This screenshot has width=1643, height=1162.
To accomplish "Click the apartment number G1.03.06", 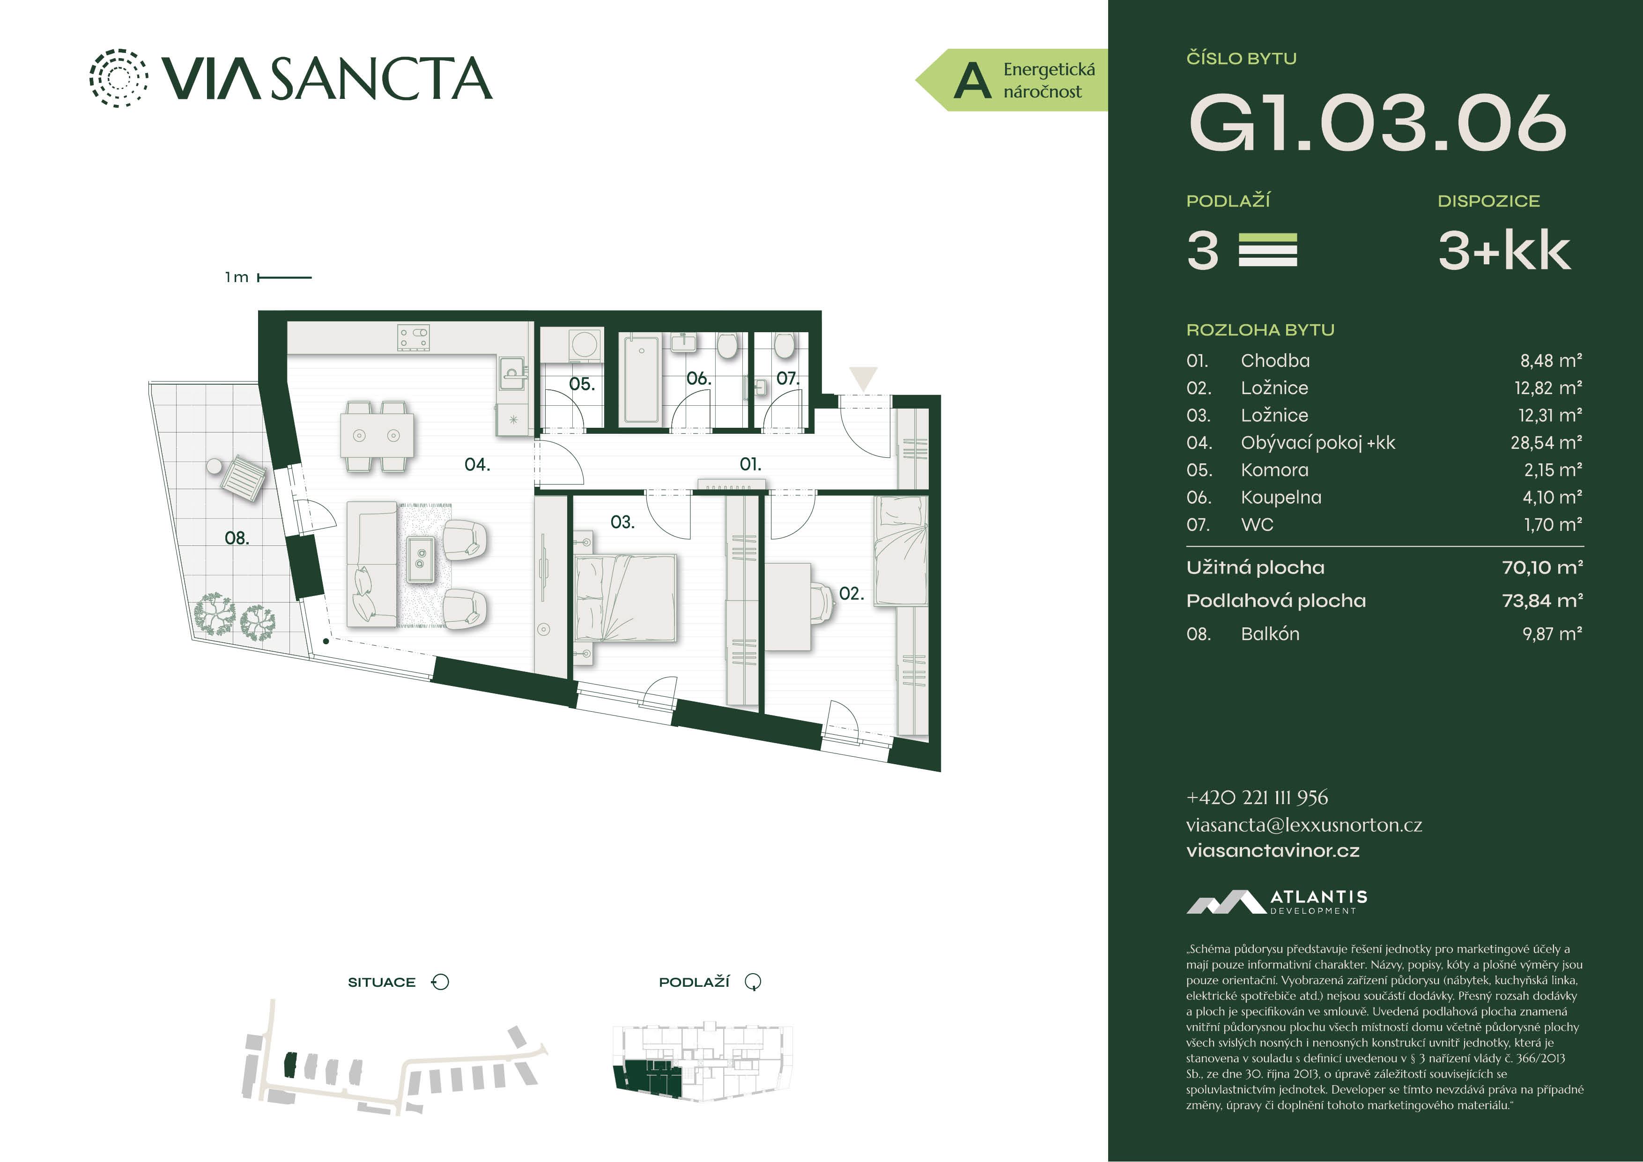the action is [1377, 123].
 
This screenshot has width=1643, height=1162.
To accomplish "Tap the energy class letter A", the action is [972, 80].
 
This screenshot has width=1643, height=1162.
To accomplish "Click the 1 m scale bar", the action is [284, 277].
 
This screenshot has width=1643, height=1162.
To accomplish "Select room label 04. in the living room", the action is [477, 465].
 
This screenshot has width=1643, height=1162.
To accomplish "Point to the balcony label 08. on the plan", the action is [237, 538].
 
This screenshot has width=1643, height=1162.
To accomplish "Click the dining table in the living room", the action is [377, 435].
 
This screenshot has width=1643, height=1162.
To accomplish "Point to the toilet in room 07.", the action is [784, 347].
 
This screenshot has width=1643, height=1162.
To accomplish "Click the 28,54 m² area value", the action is [1547, 442].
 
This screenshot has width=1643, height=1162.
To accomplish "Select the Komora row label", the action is [1274, 469].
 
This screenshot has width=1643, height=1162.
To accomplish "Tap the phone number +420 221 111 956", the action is [1257, 797].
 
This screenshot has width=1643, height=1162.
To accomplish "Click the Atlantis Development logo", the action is [1277, 902].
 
